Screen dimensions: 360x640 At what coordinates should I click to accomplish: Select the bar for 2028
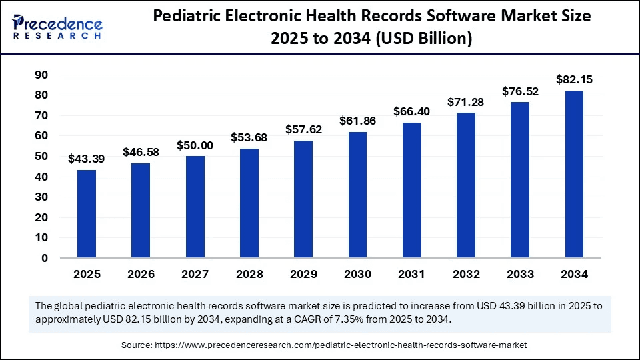tap(249, 203)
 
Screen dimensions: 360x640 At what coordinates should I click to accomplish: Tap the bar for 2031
tap(412, 190)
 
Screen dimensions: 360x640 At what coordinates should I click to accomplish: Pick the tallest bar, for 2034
tap(574, 174)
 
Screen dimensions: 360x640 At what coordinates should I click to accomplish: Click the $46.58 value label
tap(141, 153)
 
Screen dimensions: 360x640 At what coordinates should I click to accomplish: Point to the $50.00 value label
tap(195, 145)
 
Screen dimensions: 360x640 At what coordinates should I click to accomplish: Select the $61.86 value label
tap(357, 121)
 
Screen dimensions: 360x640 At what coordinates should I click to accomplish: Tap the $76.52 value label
tap(520, 91)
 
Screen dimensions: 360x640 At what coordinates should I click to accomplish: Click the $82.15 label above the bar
tap(574, 79)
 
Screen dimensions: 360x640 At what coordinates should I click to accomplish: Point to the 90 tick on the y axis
tap(41, 75)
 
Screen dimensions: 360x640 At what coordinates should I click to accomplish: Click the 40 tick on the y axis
tap(41, 177)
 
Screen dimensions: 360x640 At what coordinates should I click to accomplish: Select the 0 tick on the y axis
tap(45, 258)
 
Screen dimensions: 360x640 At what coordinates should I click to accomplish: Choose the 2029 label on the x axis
tap(303, 275)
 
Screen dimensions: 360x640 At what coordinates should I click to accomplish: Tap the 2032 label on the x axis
tap(466, 275)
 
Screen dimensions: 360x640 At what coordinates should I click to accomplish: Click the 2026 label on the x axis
tap(141, 275)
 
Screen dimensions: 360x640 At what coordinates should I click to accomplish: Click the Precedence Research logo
tap(57, 26)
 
